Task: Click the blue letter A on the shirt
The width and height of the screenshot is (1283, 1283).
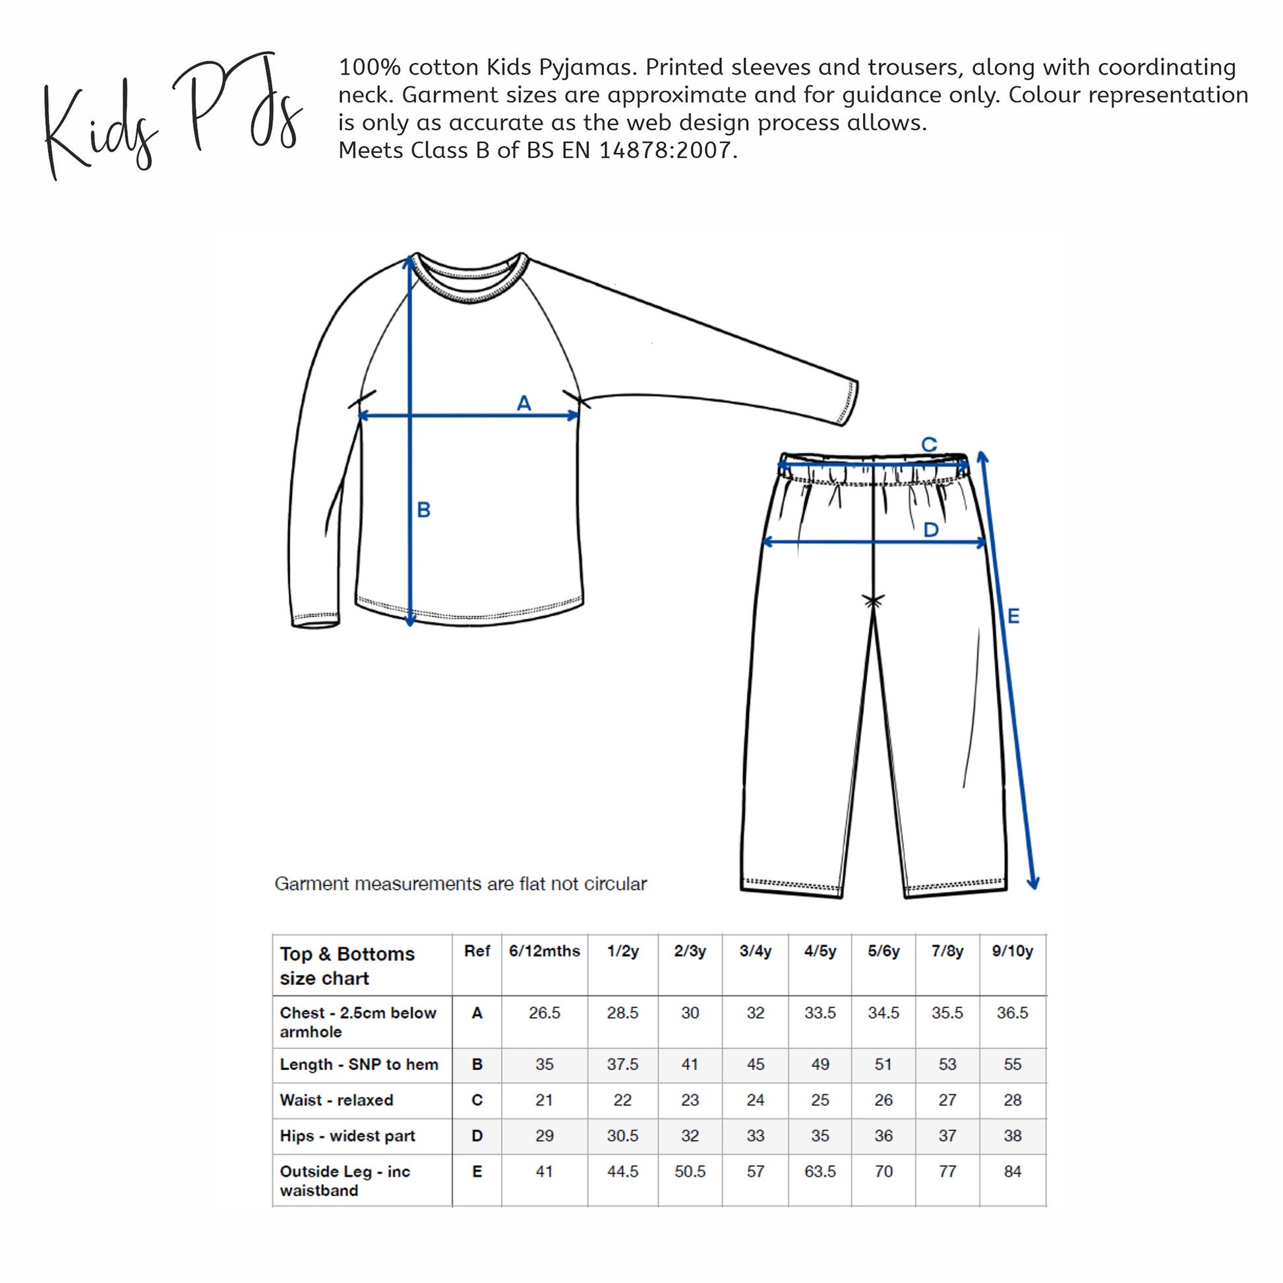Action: (524, 403)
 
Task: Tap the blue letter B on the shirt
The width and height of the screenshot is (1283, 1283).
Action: (424, 510)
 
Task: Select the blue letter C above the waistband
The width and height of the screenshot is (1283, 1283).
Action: (929, 444)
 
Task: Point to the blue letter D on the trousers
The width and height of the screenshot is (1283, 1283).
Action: (931, 530)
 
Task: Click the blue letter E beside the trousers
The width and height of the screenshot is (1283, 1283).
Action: (1013, 616)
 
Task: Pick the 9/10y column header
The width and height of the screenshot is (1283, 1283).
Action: (1012, 951)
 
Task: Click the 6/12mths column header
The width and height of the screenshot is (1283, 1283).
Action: (544, 951)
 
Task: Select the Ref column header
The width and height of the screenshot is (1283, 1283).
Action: (477, 951)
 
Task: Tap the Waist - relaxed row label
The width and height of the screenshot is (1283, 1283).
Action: (336, 1100)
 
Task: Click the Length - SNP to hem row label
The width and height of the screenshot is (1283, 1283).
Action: (359, 1064)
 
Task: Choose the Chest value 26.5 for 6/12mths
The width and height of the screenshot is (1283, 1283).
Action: (544, 1013)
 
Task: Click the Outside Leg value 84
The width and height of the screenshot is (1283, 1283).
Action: (1012, 1172)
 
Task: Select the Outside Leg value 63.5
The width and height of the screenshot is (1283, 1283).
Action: (820, 1172)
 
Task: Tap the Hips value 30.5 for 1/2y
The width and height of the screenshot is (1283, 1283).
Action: (622, 1135)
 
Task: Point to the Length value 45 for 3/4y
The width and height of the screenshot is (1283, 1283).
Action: (755, 1064)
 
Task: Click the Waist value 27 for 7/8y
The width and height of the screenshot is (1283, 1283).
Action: (947, 1100)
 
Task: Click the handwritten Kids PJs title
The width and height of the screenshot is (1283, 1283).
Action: (173, 116)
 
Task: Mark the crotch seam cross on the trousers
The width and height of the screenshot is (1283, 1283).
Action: (873, 601)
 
